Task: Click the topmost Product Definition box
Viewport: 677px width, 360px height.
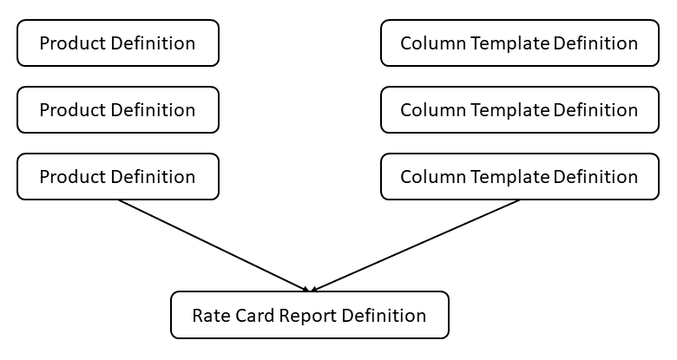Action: [117, 43]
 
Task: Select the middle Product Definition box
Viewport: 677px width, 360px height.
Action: [117, 110]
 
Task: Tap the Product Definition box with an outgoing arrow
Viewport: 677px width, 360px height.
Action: [117, 177]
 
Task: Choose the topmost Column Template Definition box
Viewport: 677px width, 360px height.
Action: [519, 43]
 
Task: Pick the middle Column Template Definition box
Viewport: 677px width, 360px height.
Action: [519, 110]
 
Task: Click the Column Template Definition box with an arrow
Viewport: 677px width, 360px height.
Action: [519, 177]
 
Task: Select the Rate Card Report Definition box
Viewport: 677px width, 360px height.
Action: [309, 315]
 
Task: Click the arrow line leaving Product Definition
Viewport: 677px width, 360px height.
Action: [213, 245]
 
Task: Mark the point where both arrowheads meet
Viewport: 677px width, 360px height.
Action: [309, 290]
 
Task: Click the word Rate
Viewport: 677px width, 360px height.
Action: [209, 316]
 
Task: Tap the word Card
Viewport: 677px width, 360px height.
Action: [253, 316]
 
